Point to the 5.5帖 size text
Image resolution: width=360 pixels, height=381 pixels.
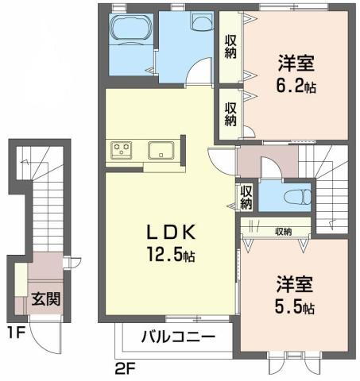[295, 306]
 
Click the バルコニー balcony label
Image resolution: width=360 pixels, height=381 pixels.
[178, 336]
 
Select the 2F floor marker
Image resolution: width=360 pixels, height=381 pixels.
[126, 368]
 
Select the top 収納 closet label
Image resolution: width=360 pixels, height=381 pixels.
[230, 47]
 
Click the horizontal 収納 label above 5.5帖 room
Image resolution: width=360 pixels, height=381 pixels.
[283, 231]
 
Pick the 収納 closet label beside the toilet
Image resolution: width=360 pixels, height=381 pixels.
[246, 196]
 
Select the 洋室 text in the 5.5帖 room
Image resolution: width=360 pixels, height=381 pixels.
[294, 283]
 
